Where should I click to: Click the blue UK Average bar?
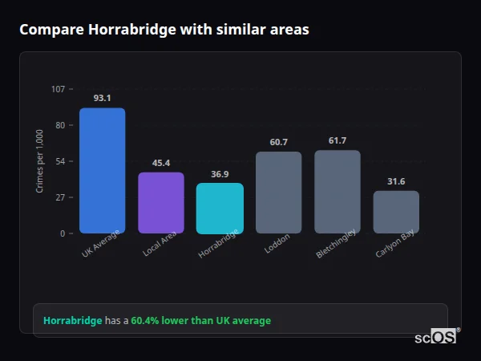[x=102, y=170]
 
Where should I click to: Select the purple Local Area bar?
[x=160, y=202]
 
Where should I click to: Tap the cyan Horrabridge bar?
[x=220, y=208]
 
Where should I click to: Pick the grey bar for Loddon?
[x=278, y=192]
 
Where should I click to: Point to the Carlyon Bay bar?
[x=396, y=212]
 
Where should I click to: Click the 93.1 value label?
[x=102, y=98]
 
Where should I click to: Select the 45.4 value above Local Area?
[x=160, y=163]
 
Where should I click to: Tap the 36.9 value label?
[x=220, y=174]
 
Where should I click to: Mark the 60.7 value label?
[x=278, y=142]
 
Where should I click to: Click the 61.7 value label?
[x=338, y=140]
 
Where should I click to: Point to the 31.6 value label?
[x=396, y=181]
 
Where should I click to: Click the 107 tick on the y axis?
[x=58, y=89]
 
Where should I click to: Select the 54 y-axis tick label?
[x=60, y=161]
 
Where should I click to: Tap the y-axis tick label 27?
[x=60, y=197]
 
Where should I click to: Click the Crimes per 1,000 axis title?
[x=40, y=161]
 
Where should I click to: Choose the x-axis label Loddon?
[x=277, y=244]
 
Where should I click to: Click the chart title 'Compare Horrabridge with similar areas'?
[x=164, y=30]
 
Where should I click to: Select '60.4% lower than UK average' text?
[x=200, y=321]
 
